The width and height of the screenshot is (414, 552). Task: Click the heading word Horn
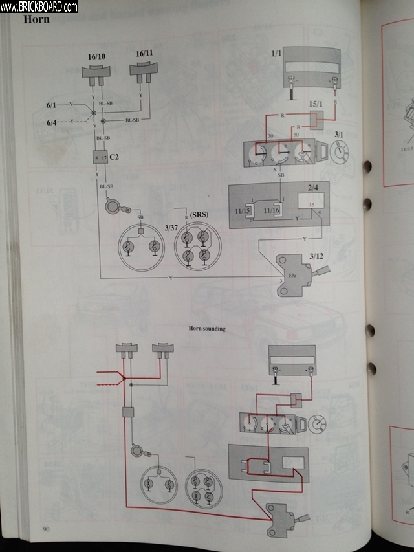(x=36, y=19)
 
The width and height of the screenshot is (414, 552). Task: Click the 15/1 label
(x=316, y=104)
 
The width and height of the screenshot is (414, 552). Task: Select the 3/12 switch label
(x=317, y=256)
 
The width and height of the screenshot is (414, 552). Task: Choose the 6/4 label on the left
(x=52, y=121)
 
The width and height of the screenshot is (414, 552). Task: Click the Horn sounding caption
(x=207, y=329)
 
